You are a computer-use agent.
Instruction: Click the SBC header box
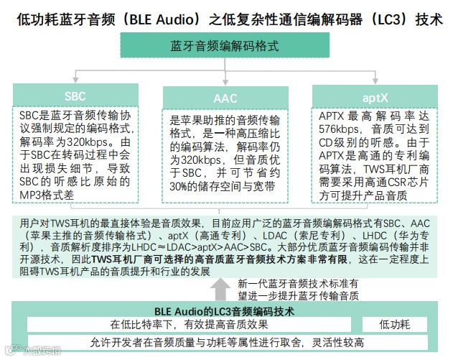tap(74, 96)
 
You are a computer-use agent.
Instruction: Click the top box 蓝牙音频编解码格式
tap(225, 45)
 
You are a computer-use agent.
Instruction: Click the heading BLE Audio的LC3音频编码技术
tap(225, 311)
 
